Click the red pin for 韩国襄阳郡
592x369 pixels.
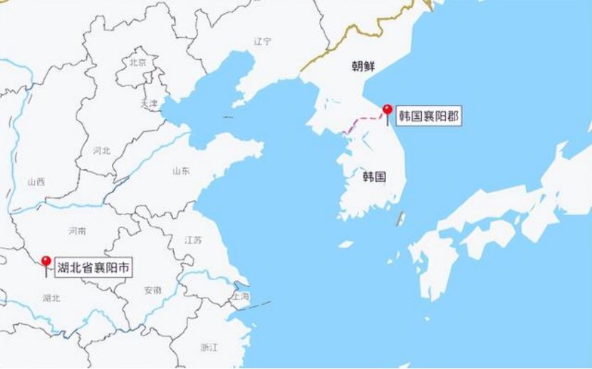387,110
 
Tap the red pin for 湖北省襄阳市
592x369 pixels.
46,261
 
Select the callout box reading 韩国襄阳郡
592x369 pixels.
428,116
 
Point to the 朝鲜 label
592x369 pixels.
363,66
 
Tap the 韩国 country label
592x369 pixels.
374,177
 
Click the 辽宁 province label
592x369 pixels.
262,41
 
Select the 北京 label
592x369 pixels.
137,63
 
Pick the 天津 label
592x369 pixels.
149,103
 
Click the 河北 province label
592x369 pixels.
102,150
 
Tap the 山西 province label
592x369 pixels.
36,182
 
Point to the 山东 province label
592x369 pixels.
181,171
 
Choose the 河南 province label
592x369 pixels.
77,231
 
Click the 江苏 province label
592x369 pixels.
193,240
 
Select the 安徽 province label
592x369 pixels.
152,290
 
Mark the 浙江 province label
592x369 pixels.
209,347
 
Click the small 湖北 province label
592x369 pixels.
51,298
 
